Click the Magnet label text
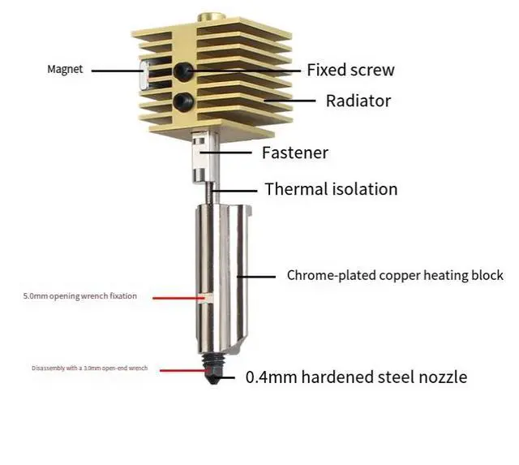[65, 69]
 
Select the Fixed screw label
[350, 70]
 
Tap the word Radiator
[358, 101]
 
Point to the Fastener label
[294, 152]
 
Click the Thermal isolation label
[331, 189]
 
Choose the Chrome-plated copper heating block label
[395, 275]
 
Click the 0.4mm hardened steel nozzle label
[356, 377]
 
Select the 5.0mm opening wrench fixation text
[79, 296]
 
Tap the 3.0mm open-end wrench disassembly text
[89, 368]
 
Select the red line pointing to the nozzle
[182, 369]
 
